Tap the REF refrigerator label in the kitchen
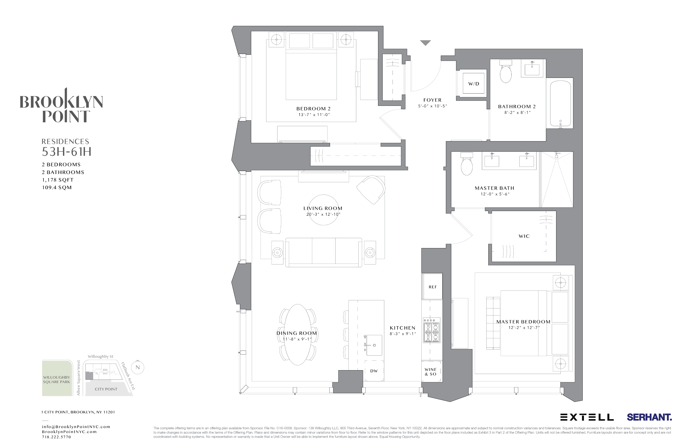tap(432, 287)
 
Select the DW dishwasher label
tap(374, 371)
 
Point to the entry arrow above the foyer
tap(425, 43)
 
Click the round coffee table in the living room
tap(323, 210)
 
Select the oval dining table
tap(297, 334)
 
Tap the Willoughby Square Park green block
tap(57, 378)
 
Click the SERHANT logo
tap(649, 417)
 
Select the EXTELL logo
tap(587, 418)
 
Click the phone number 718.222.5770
tap(56, 437)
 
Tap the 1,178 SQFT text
tap(58, 180)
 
